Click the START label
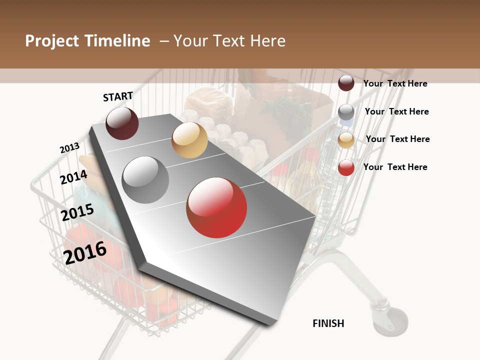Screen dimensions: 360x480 pos(118,96)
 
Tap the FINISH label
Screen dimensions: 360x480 pos(328,323)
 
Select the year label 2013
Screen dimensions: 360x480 pos(69,148)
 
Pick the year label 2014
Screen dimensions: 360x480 pos(73,177)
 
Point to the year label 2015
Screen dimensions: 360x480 pos(77,212)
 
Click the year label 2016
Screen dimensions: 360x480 pos(85,252)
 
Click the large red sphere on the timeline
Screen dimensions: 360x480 pos(216,207)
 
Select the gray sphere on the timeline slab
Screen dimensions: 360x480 pos(145,179)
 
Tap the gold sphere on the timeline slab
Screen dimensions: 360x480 pos(189,140)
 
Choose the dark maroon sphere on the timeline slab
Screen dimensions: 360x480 pos(122,123)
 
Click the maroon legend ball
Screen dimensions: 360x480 pos(346,83)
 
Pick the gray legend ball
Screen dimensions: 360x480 pos(346,112)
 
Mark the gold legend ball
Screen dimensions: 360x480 pos(346,140)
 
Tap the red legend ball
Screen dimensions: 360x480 pos(346,167)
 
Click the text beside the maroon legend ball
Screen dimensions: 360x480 pos(395,83)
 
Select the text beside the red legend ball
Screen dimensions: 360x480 pos(395,167)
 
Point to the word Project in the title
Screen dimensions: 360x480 pos(52,41)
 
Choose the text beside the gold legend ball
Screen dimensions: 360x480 pos(397,139)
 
